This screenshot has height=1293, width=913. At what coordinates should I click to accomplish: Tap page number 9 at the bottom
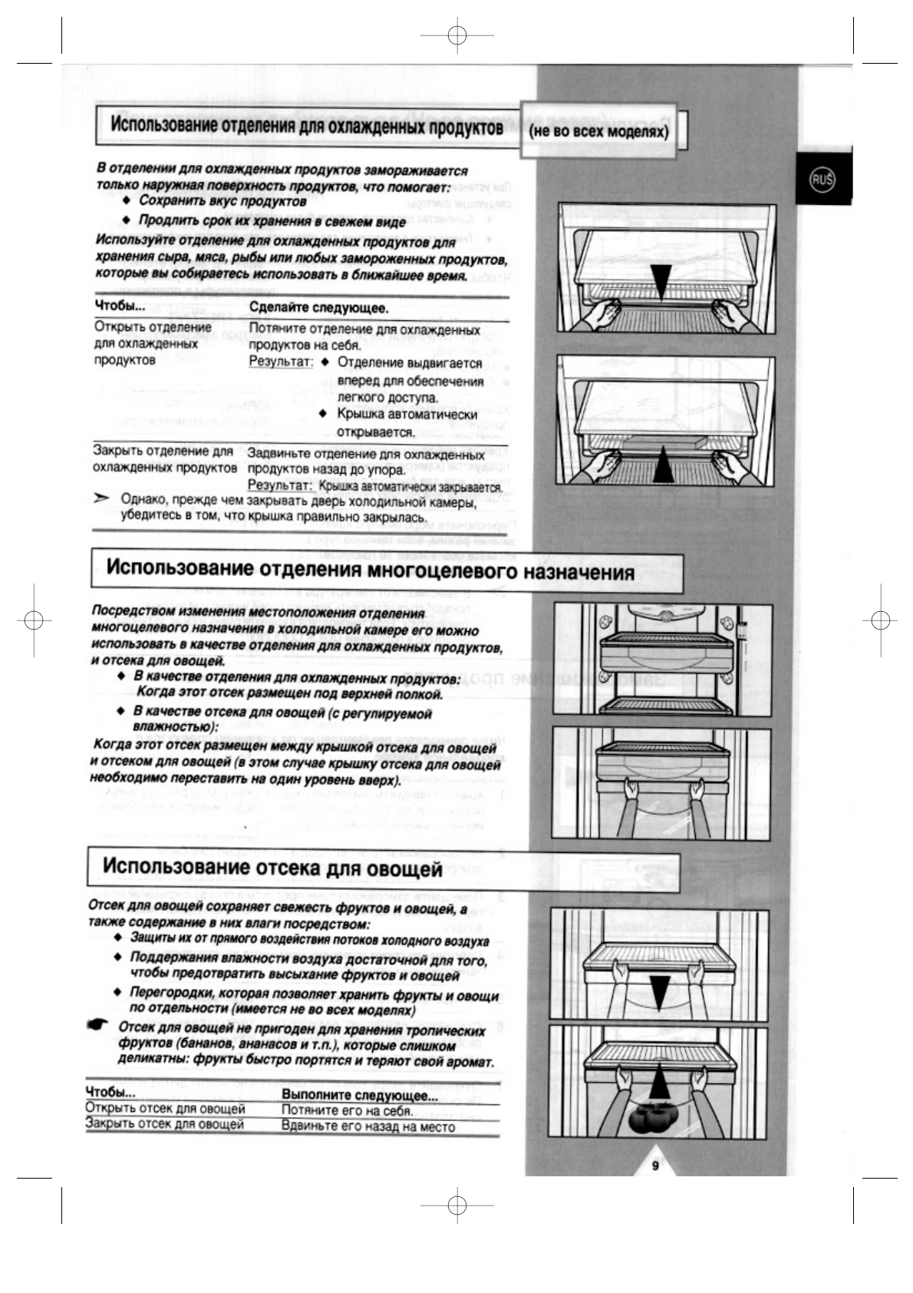pyautogui.click(x=655, y=1166)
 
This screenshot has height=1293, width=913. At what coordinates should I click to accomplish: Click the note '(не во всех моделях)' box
pyautogui.click(x=598, y=131)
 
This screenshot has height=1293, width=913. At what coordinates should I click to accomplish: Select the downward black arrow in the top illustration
pyautogui.click(x=661, y=282)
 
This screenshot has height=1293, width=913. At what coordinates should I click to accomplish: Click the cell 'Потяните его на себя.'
pyautogui.click(x=347, y=1110)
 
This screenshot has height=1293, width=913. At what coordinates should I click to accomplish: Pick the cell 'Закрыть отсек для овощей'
pyautogui.click(x=164, y=1124)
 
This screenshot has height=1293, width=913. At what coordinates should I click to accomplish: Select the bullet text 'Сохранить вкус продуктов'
pyautogui.click(x=222, y=201)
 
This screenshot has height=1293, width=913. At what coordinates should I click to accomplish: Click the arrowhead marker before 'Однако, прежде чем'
pyautogui.click(x=101, y=499)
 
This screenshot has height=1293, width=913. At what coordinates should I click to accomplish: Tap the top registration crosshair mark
pyautogui.click(x=457, y=36)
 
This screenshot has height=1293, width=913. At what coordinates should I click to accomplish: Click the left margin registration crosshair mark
pyautogui.click(x=33, y=620)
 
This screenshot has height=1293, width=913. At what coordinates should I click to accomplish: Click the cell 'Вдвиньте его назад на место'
pyautogui.click(x=368, y=1127)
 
